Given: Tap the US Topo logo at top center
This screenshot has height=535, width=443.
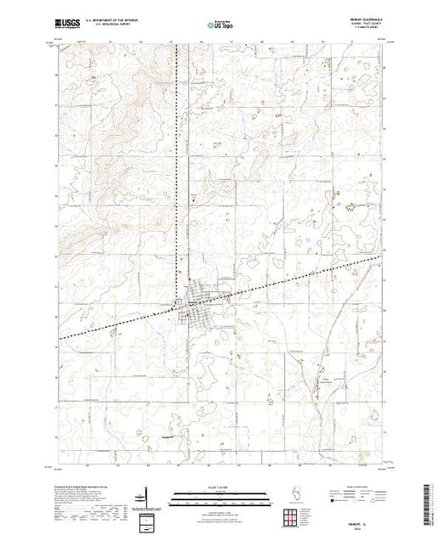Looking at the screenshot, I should pos(221,24).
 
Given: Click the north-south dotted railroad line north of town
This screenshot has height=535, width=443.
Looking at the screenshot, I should pos(178,170).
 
